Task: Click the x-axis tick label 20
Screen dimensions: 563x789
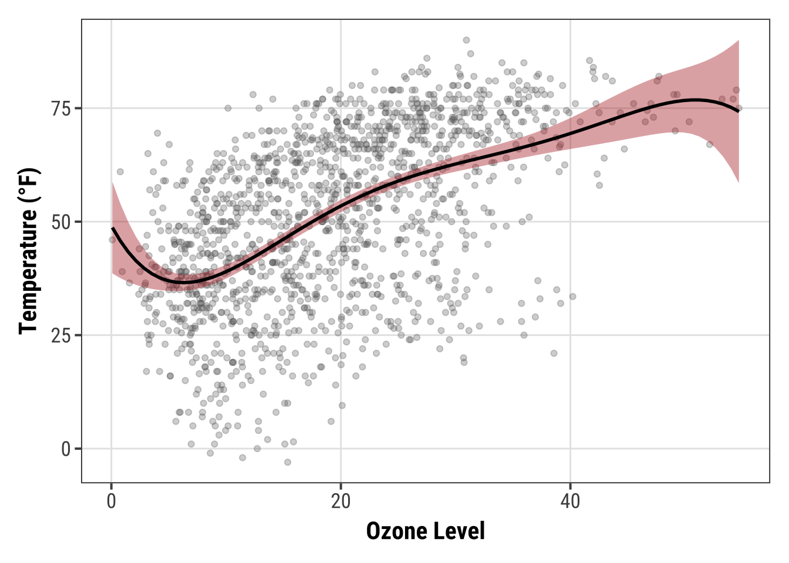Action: pyautogui.click(x=340, y=502)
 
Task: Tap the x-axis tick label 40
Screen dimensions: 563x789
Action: pyautogui.click(x=570, y=502)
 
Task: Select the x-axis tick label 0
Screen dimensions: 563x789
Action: pyautogui.click(x=112, y=502)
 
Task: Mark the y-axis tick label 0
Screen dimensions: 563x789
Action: pyautogui.click(x=65, y=449)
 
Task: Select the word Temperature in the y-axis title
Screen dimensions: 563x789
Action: pyautogui.click(x=28, y=270)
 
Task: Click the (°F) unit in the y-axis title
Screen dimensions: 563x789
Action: pyautogui.click(x=28, y=185)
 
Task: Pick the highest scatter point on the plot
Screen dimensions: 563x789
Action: pyautogui.click(x=466, y=40)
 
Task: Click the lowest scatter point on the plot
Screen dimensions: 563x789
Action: pyautogui.click(x=288, y=462)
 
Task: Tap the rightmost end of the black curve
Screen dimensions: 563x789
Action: pyautogui.click(x=739, y=111)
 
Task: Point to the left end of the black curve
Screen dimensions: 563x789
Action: pyautogui.click(x=112, y=228)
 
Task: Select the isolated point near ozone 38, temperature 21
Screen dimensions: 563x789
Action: pyautogui.click(x=554, y=353)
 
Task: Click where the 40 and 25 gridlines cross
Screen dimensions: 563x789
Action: pyautogui.click(x=570, y=335)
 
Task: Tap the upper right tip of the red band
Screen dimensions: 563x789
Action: pyautogui.click(x=738, y=40)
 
